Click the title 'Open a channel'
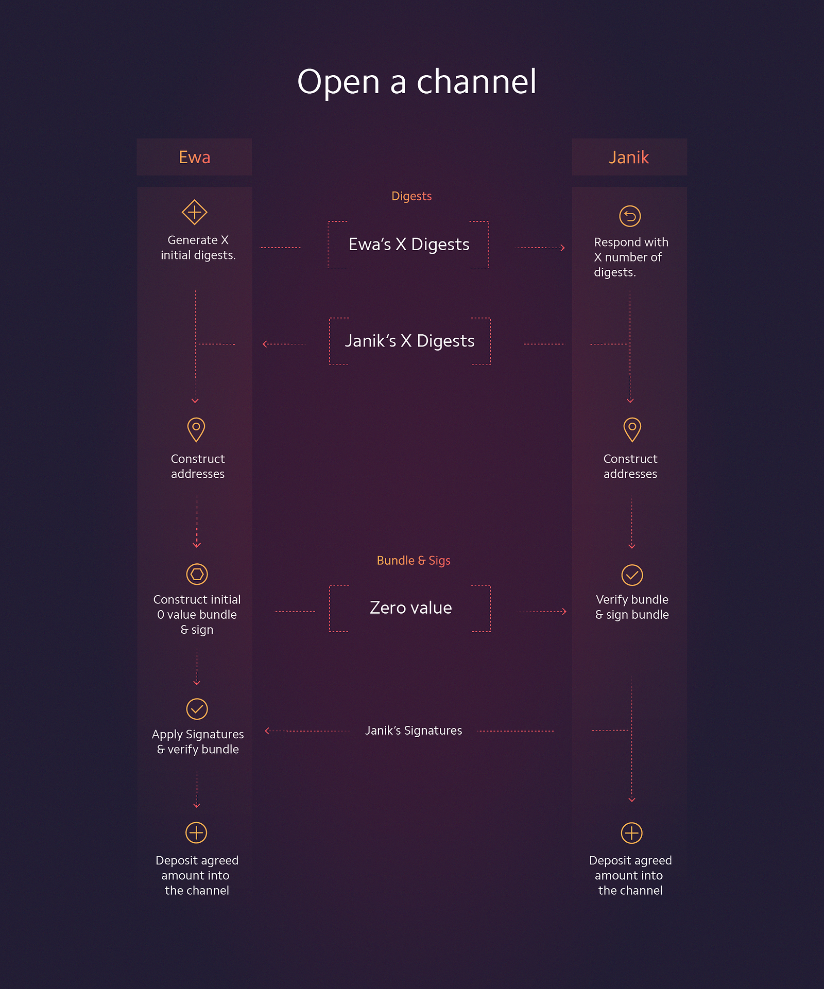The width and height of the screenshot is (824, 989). coord(417,81)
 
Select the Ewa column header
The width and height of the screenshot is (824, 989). coord(194,157)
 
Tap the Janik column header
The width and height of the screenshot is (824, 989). coord(629,157)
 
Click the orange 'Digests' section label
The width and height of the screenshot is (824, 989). coord(411,196)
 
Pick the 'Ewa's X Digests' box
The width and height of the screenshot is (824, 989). coord(409,245)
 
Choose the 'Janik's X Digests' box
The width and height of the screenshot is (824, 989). coord(410,341)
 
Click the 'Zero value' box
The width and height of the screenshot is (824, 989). coord(410,608)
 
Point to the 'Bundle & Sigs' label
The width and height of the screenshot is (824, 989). coord(414,561)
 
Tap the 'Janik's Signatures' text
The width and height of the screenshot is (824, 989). coord(414,731)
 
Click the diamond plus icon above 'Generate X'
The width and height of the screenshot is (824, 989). coord(195,212)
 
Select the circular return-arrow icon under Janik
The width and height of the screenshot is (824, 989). coord(630,216)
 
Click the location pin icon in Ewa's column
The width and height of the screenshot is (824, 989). coord(196,429)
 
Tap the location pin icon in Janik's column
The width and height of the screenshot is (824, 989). coord(632,429)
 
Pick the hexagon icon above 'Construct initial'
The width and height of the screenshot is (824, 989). coord(197,574)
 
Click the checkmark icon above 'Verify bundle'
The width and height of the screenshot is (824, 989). coord(632,575)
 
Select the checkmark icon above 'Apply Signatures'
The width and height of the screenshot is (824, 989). coord(197,709)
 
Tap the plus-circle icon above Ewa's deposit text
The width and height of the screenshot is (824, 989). coord(196,832)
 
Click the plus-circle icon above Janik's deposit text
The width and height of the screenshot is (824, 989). coord(631,833)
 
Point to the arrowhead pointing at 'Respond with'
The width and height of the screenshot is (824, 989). coord(563,248)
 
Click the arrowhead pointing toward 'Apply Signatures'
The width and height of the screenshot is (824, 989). coord(267,731)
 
